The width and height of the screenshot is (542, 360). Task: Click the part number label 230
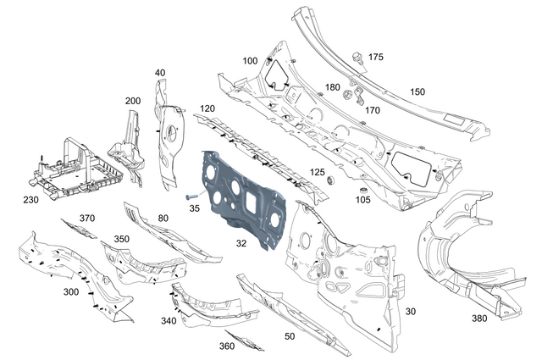(x=30, y=201)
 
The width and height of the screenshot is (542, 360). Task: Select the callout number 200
(x=132, y=101)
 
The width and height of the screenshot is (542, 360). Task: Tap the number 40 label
(x=159, y=73)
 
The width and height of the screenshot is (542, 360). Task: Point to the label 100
(x=250, y=61)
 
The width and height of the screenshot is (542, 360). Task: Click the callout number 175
(x=375, y=57)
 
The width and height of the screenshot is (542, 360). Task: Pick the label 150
(x=418, y=91)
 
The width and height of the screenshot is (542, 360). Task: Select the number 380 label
(x=481, y=318)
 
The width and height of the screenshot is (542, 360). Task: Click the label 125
(x=317, y=172)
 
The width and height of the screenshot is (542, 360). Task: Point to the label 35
(x=193, y=207)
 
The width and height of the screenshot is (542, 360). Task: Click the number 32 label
(x=241, y=243)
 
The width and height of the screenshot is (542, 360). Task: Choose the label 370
(x=87, y=218)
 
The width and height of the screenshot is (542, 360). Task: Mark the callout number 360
(x=227, y=346)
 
